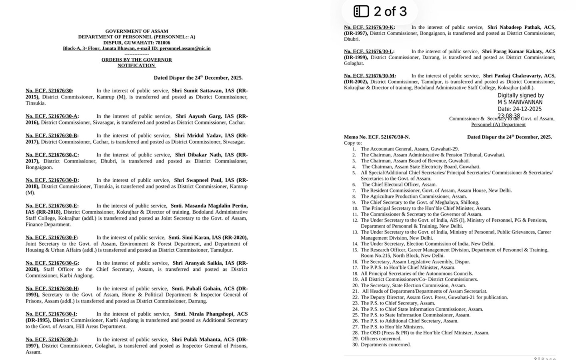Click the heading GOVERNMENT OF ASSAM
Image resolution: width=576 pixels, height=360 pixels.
coord(136,31)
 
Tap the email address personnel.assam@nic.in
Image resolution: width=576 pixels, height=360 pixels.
coord(185,48)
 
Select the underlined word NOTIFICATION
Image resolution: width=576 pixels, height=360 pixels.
coord(136,66)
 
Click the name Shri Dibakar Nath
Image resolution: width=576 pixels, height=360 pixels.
coord(198,155)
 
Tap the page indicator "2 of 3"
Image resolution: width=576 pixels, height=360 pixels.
coord(390,12)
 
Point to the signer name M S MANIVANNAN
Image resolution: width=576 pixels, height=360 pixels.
coord(520,102)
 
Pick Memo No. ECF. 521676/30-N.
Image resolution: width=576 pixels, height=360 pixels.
coord(377,137)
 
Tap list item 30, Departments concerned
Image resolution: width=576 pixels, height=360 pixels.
coord(386,345)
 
